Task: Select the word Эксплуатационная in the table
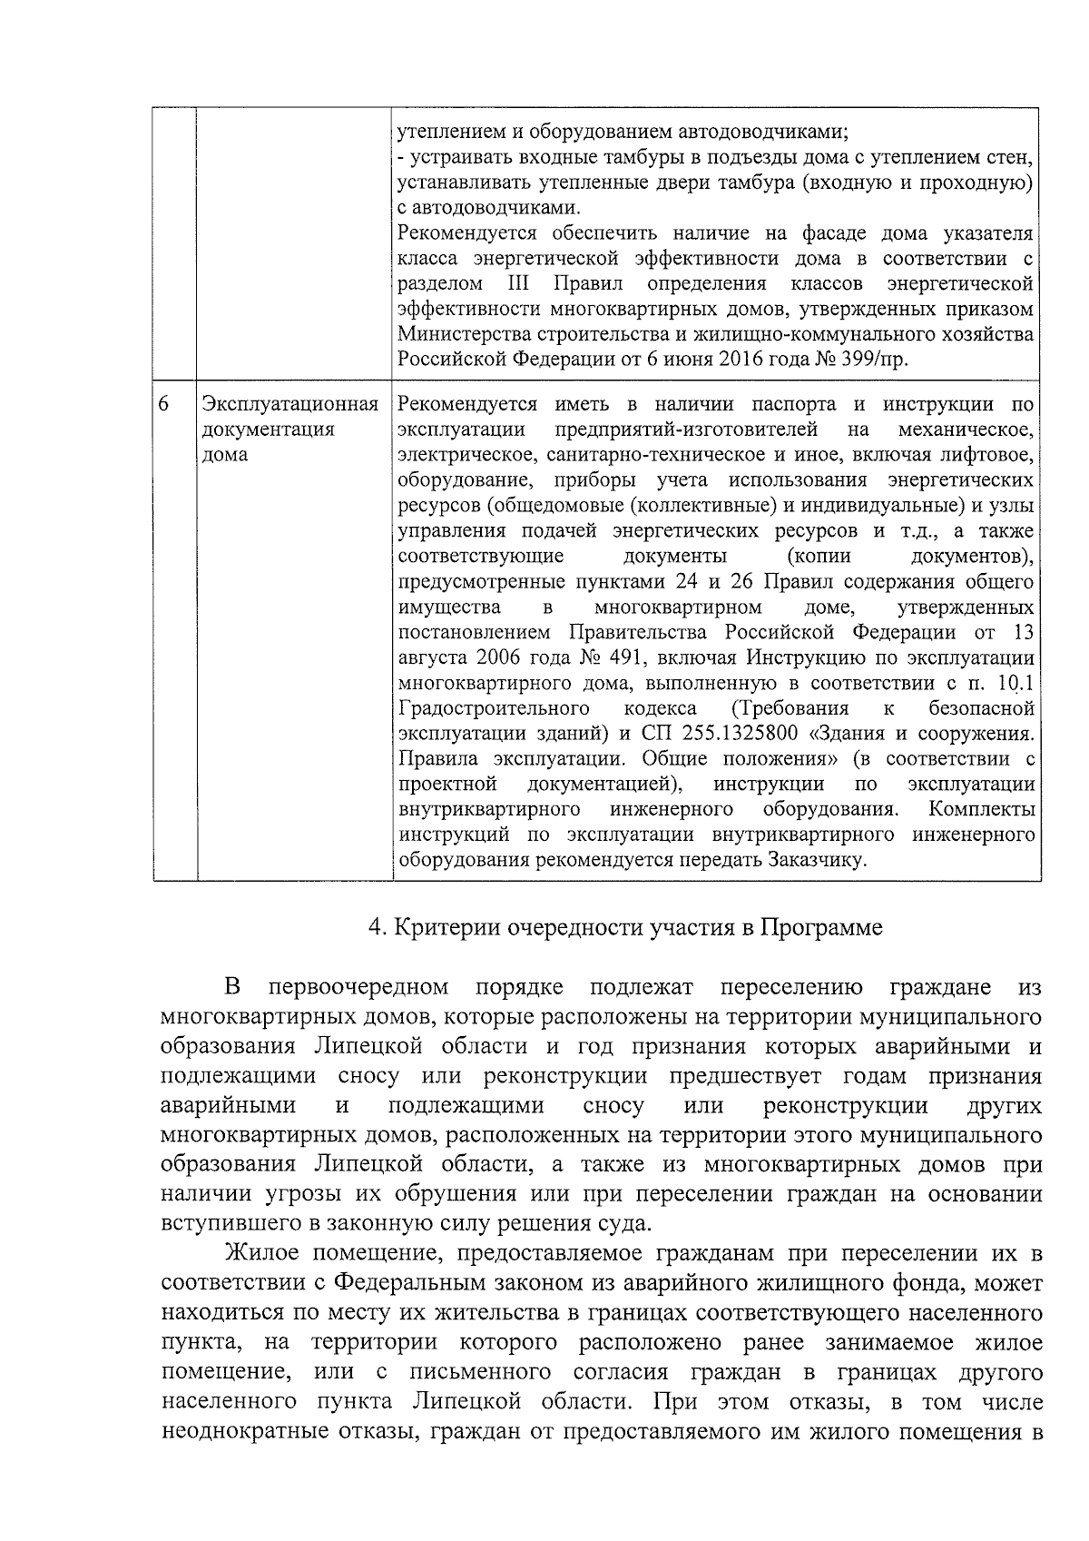tap(289, 404)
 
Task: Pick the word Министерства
tap(460, 334)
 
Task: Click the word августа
tap(429, 657)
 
